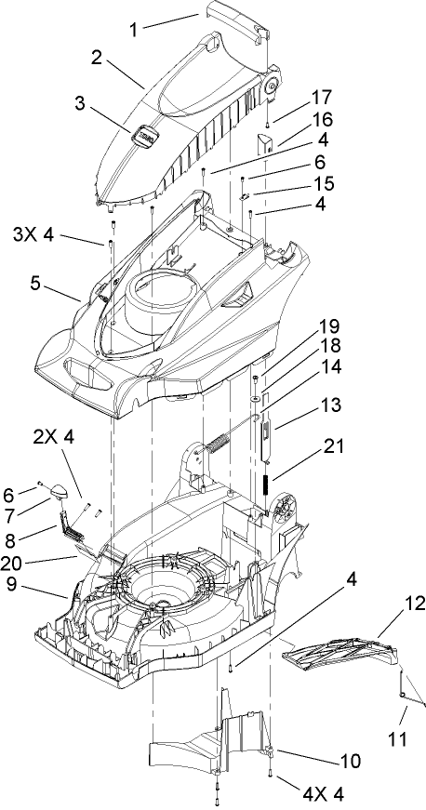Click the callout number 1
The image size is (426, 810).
133,30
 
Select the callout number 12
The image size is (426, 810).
411,604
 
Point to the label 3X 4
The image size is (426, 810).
33,234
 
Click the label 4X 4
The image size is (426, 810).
323,793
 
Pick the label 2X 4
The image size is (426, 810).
54,437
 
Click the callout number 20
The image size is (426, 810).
13,564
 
